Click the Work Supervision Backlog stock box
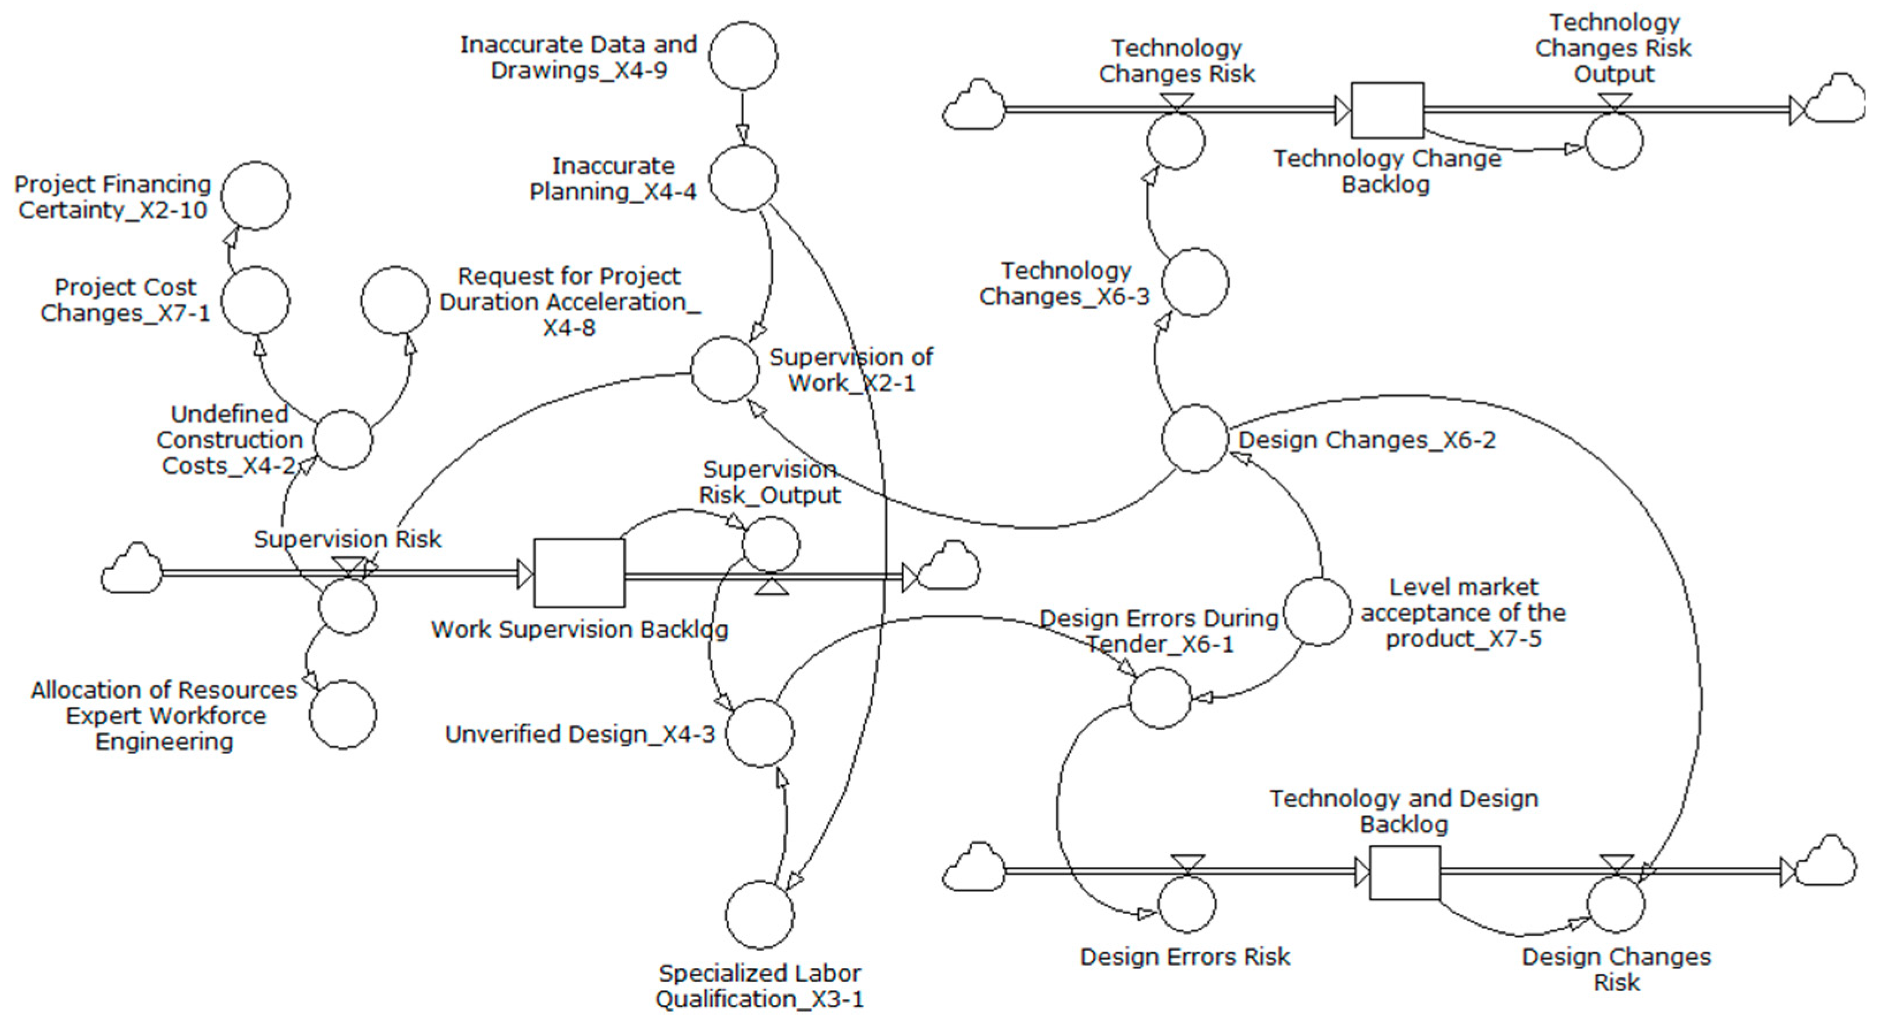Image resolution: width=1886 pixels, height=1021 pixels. (x=578, y=573)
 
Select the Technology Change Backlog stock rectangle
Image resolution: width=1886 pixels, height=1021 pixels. (x=1386, y=110)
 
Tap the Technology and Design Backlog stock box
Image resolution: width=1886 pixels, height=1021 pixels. (x=1404, y=873)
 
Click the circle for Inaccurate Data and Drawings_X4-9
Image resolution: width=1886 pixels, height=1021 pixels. (x=743, y=56)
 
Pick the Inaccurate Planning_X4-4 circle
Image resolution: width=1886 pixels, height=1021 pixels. (x=743, y=178)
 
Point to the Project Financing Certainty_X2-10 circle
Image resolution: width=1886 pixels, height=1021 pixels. (x=256, y=196)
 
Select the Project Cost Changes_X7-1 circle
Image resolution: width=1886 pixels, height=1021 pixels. (x=256, y=300)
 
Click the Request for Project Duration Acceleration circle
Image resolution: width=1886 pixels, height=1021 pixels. (x=395, y=300)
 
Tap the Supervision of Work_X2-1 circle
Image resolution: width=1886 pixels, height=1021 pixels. (x=725, y=370)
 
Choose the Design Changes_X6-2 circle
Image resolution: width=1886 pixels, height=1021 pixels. (x=1195, y=438)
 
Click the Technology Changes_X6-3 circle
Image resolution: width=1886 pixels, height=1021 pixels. (x=1195, y=282)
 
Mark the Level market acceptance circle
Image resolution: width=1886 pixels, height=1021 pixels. (x=1317, y=612)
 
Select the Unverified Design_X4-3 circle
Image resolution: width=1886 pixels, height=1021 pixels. (x=759, y=733)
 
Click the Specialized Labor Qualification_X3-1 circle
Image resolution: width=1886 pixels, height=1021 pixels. (x=759, y=915)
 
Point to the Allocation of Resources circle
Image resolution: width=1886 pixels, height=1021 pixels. (x=342, y=714)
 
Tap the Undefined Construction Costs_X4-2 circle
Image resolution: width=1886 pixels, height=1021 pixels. (x=342, y=439)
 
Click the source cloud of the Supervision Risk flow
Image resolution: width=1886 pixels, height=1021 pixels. (x=132, y=569)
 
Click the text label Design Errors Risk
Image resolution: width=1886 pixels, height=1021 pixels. (x=1184, y=957)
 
